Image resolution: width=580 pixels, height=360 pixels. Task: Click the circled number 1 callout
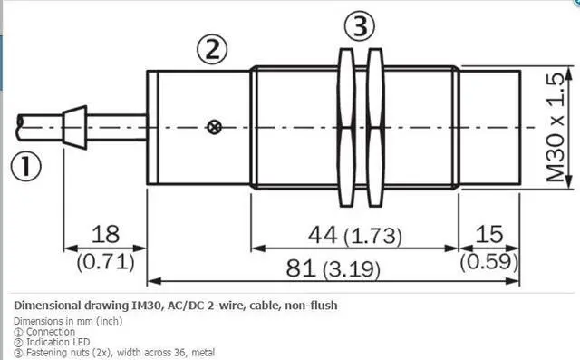[25, 168]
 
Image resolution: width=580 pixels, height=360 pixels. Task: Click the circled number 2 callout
[212, 49]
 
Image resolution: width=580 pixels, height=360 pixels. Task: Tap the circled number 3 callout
[360, 25]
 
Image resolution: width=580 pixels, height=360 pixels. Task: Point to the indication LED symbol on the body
[214, 127]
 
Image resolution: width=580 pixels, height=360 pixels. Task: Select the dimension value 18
[105, 234]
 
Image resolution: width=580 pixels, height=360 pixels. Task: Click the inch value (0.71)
[105, 262]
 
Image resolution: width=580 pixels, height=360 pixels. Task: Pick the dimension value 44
[323, 235]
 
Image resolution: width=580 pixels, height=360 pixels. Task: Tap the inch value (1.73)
[372, 236]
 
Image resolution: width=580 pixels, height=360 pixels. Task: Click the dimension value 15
[489, 234]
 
